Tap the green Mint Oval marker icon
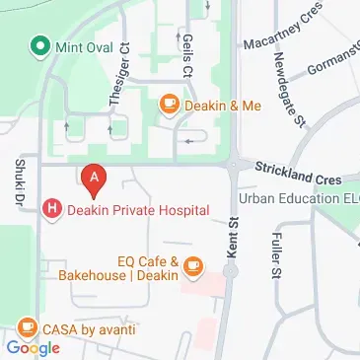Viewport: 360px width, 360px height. pyautogui.click(x=39, y=45)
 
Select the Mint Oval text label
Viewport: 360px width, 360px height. pyautogui.click(x=85, y=45)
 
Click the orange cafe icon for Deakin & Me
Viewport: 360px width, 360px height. pyautogui.click(x=170, y=103)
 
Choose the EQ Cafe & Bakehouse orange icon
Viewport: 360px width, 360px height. pyautogui.click(x=192, y=265)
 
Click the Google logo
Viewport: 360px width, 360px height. pyautogui.click(x=34, y=347)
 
